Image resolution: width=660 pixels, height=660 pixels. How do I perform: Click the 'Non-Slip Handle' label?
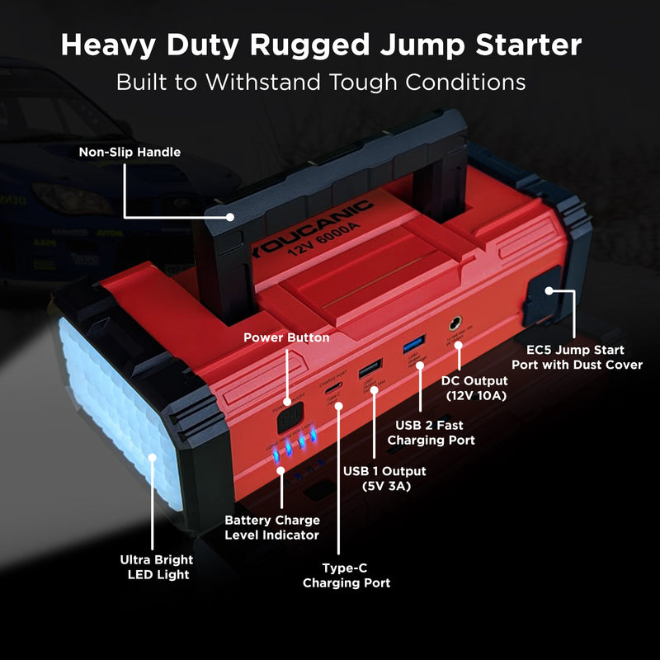[130, 152]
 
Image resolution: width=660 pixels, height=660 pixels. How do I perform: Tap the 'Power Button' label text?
[286, 337]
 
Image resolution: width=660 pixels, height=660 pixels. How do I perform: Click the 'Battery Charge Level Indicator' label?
[272, 528]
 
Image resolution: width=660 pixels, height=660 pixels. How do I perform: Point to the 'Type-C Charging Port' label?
[346, 575]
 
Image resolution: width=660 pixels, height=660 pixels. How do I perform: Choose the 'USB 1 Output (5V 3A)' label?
[384, 478]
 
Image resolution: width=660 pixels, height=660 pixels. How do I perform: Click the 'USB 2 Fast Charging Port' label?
[435, 432]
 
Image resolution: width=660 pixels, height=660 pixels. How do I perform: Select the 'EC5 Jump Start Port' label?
[577, 357]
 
